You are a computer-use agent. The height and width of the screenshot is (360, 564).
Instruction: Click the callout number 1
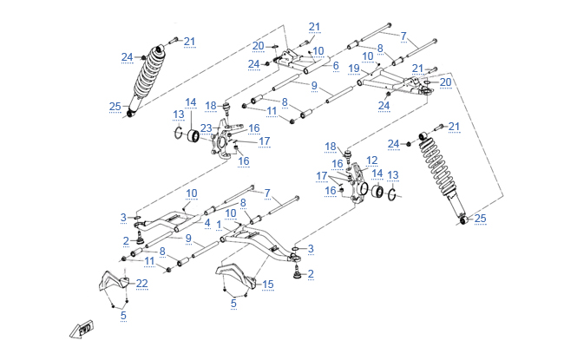[220, 223]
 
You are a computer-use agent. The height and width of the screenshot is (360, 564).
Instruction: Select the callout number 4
[207, 223]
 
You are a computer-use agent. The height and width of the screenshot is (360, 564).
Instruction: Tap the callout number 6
[335, 65]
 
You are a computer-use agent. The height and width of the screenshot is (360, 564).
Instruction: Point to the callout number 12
[371, 160]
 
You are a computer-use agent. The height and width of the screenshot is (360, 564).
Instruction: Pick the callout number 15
[267, 284]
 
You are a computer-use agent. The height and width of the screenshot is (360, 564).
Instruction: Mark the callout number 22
[142, 284]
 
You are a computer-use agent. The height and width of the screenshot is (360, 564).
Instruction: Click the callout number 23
[206, 128]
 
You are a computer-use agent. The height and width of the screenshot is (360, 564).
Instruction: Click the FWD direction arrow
[83, 328]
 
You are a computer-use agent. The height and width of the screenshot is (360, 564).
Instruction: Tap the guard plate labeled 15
[236, 276]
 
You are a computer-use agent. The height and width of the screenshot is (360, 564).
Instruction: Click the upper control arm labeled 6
[295, 61]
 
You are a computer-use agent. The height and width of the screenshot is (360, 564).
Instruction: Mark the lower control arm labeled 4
[165, 227]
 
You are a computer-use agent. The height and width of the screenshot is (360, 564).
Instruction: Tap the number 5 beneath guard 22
[123, 316]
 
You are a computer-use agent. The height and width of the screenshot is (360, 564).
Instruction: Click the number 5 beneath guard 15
[233, 303]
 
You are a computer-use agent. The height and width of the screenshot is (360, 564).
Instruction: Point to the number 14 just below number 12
[376, 173]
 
